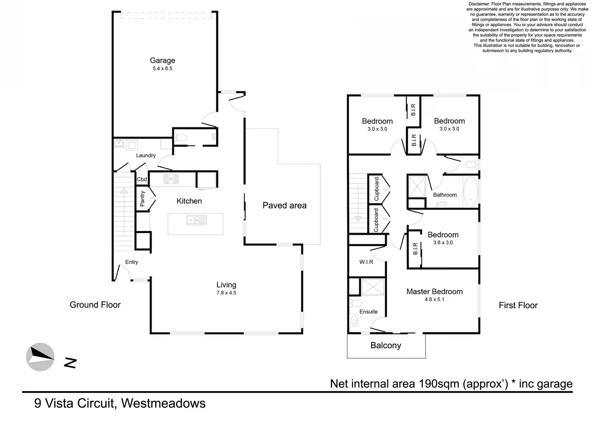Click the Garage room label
point(162,60)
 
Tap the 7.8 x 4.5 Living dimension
point(226,293)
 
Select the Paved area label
point(284,206)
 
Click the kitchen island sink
point(197,220)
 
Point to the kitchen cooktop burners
point(171,179)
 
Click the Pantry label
point(142,199)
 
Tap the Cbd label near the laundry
point(142,179)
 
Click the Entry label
point(132,262)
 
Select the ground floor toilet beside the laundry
point(181,138)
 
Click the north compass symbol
point(40,357)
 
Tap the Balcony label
point(386,346)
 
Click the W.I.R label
point(366,262)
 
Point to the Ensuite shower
point(373,287)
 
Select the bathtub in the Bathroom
point(471,192)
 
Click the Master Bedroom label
point(434,292)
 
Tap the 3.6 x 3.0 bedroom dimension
point(443,243)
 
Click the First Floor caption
point(518,305)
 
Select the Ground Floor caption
point(95,305)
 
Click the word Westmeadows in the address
point(163,403)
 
